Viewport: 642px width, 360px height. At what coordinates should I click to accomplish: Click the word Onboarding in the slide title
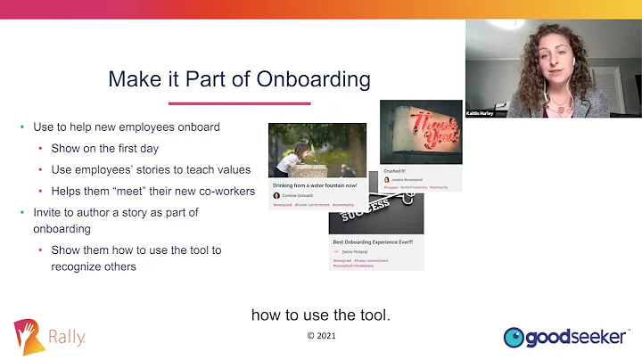coord(314,79)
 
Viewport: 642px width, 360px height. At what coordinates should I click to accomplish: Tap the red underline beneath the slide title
coord(239,103)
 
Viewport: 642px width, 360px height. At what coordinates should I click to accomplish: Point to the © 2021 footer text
coord(321,336)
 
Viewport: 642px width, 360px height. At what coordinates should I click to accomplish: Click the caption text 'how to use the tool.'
coord(321,315)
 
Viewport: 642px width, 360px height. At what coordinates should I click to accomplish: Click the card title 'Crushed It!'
coord(395,169)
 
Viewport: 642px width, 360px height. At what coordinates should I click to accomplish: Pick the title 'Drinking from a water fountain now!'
coord(316,185)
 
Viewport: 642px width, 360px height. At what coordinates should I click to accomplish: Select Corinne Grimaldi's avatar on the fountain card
coord(276,195)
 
